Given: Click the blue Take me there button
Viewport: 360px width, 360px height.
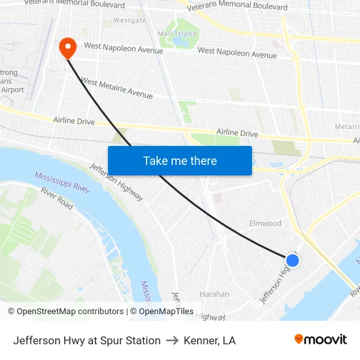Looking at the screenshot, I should (180, 160).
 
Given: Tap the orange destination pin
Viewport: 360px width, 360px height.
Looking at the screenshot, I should (67, 48).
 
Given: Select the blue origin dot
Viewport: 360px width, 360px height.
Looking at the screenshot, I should (293, 261).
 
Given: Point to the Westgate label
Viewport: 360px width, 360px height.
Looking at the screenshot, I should (130, 20).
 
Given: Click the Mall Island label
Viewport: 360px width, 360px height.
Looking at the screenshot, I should (177, 33).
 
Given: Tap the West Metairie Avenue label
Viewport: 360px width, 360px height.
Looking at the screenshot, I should (117, 88).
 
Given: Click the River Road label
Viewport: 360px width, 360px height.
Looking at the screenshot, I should (57, 198).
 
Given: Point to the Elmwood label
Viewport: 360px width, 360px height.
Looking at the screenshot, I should (265, 223).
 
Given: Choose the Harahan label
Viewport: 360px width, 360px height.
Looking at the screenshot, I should (215, 294).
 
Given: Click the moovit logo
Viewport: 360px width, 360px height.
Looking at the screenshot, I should (321, 340).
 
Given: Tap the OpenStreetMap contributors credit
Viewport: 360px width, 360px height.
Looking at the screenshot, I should (66, 312).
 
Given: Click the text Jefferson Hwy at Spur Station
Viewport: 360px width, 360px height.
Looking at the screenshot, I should (87, 340).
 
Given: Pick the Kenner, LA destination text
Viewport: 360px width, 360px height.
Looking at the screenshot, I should (209, 340).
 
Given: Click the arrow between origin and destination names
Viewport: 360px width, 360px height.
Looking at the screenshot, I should (172, 340).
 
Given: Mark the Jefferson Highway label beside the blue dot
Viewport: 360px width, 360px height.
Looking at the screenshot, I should (276, 281).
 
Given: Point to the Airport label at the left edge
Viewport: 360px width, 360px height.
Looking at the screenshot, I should (13, 90).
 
